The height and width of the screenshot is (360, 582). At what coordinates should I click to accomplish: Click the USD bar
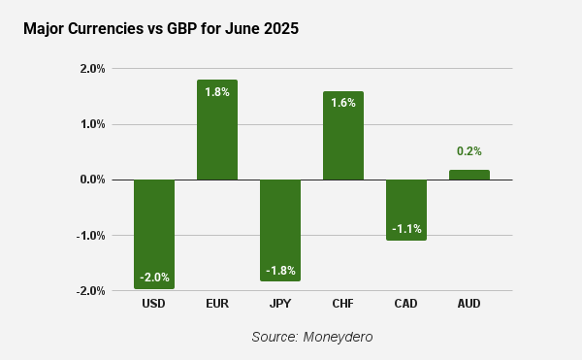tap(154, 234)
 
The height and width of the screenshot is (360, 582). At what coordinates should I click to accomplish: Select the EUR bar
tap(217, 130)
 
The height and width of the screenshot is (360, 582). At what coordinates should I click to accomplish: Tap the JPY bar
tap(280, 231)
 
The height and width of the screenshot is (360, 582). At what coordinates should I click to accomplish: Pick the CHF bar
tap(343, 136)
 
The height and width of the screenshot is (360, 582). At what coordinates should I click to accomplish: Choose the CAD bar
tap(406, 210)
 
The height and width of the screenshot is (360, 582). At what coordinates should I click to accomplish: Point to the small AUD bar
tap(469, 175)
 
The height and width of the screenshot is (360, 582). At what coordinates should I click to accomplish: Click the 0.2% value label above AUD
tap(469, 151)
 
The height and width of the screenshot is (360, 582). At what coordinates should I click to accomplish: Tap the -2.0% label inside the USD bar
tap(154, 278)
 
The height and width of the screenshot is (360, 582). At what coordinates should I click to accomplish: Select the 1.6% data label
tap(343, 103)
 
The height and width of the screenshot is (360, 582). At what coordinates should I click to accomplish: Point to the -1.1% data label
tap(406, 229)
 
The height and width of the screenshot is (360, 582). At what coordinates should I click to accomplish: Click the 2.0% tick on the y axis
tap(93, 69)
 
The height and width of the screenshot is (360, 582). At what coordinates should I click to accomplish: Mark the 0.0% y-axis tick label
tap(93, 180)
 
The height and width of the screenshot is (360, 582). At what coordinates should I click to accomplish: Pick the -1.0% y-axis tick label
tap(91, 235)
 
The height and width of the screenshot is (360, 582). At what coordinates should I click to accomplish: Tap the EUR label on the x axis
tap(217, 304)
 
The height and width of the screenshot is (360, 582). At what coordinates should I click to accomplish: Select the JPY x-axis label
tap(280, 304)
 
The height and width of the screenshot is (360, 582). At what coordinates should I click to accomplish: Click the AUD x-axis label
tap(469, 304)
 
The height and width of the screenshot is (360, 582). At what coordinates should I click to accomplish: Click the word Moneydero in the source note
tap(338, 337)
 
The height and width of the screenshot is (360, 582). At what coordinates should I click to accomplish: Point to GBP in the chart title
tap(182, 28)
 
